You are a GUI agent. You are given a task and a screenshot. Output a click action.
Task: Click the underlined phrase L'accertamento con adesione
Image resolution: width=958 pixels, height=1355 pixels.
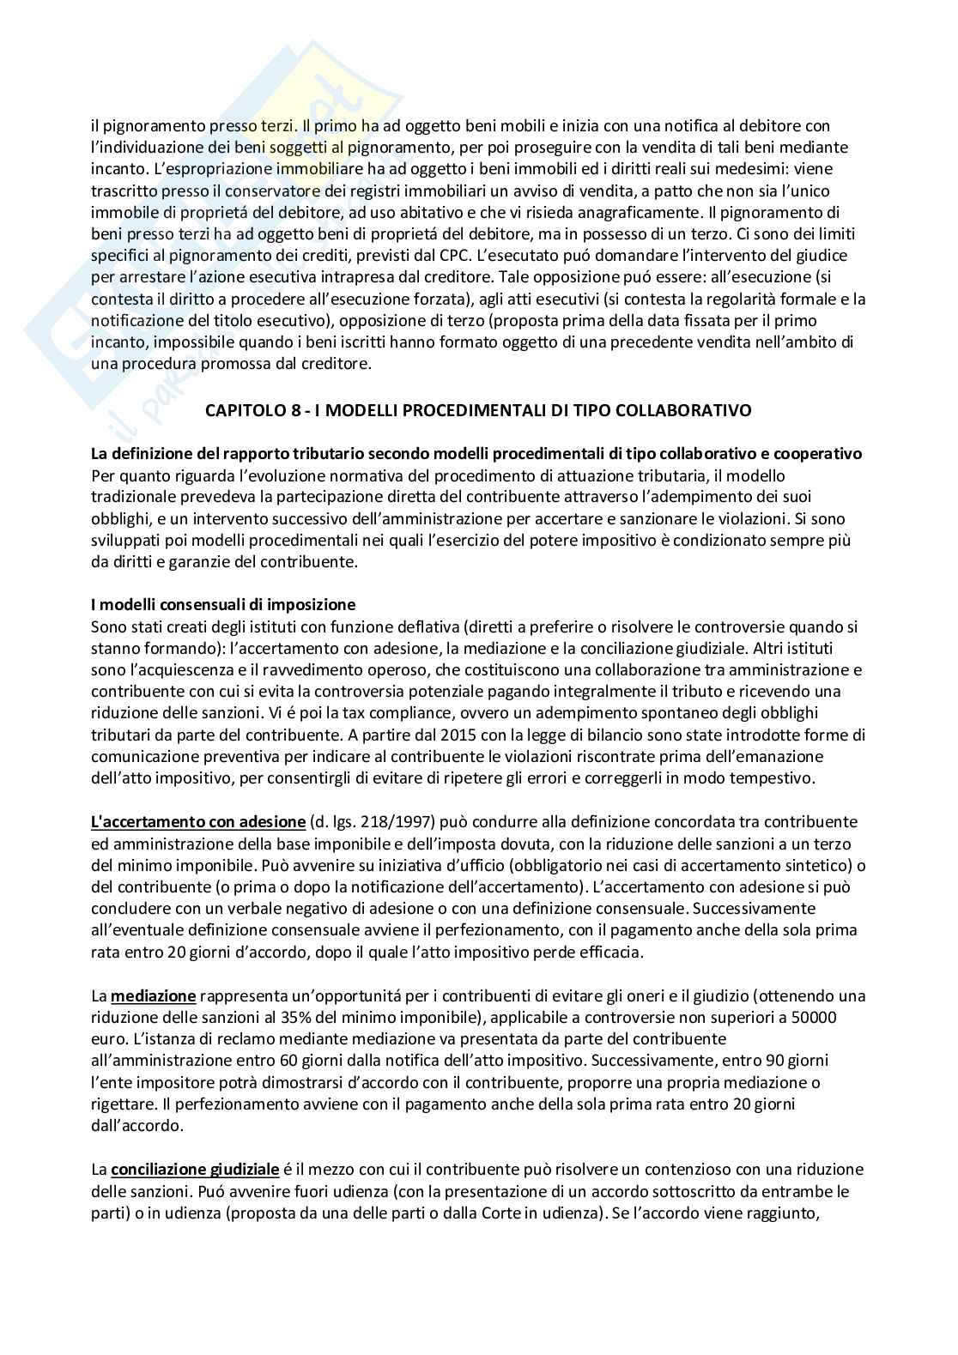(198, 822)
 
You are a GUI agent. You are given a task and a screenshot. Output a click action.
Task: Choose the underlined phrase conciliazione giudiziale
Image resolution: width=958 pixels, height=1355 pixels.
(195, 1170)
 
